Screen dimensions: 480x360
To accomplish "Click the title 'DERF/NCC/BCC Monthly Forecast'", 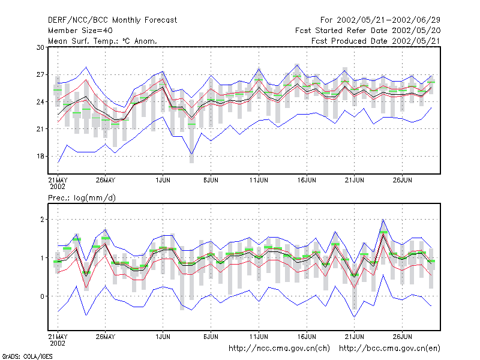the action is pyautogui.click(x=112, y=20).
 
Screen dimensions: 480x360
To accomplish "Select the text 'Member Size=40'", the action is pyautogui.click(x=80, y=31).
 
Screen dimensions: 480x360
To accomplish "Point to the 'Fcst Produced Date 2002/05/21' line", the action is pyautogui.click(x=376, y=41).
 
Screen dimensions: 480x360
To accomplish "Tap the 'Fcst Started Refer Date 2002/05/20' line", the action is pyautogui.click(x=368, y=31).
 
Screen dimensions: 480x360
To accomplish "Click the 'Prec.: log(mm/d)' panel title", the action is pyautogui.click(x=82, y=198).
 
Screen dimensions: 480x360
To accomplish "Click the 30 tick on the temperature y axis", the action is pyautogui.click(x=40, y=47).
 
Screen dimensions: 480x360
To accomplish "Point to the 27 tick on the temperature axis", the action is pyautogui.click(x=40, y=74).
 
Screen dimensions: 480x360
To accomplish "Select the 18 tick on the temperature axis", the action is pyautogui.click(x=40, y=156).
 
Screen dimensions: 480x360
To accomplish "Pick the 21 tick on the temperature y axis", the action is pyautogui.click(x=40, y=129).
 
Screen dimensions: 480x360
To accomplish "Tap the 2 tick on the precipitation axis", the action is pyautogui.click(x=42, y=220).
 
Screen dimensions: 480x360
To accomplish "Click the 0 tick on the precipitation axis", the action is pyautogui.click(x=42, y=296).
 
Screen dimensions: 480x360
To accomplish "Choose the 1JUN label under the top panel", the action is pyautogui.click(x=163, y=180).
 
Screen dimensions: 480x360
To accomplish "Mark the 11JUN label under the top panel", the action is pyautogui.click(x=259, y=180).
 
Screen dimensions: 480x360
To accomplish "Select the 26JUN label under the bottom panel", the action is pyautogui.click(x=402, y=337).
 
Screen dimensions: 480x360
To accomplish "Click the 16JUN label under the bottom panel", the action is pyautogui.click(x=307, y=337).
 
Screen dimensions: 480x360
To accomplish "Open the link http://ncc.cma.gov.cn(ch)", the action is pyautogui.click(x=279, y=349).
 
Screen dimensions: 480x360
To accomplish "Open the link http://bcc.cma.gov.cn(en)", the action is pyautogui.click(x=389, y=349).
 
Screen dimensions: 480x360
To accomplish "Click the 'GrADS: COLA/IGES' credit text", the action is pyautogui.click(x=27, y=356).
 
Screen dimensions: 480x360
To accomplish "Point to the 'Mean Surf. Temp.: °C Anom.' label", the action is pyautogui.click(x=103, y=41).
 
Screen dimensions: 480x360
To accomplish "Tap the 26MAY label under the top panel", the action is pyautogui.click(x=106, y=180).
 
